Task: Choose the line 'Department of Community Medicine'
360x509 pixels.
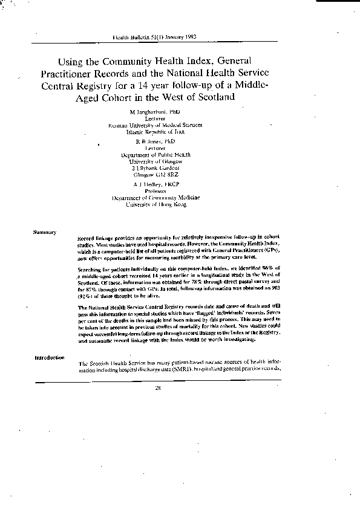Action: pyautogui.click(x=155, y=198)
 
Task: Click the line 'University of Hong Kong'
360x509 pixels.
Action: pyautogui.click(x=155, y=204)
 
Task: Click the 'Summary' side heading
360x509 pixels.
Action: pyautogui.click(x=45, y=232)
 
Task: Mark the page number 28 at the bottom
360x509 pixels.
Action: pyautogui.click(x=157, y=387)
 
